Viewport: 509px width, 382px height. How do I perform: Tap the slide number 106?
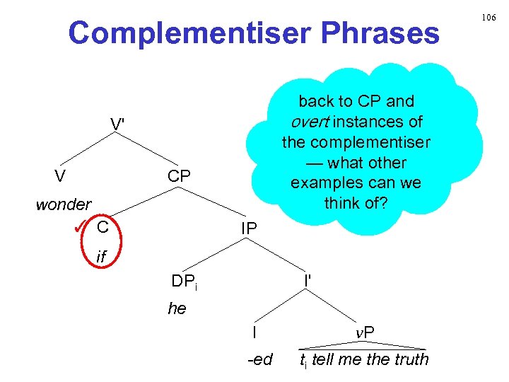click(x=489, y=16)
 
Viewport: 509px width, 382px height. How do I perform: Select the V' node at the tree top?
click(x=118, y=124)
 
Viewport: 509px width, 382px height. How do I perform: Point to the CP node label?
click(x=180, y=176)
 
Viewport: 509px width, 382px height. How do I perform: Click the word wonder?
click(x=64, y=205)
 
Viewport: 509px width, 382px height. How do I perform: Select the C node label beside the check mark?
click(x=103, y=227)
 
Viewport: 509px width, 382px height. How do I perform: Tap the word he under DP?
click(x=177, y=308)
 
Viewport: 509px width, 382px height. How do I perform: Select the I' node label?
click(x=308, y=280)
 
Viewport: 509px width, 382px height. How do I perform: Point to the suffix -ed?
click(x=259, y=359)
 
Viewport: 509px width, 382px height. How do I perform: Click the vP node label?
click(x=365, y=332)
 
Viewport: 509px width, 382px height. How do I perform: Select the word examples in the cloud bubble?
click(x=323, y=182)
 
